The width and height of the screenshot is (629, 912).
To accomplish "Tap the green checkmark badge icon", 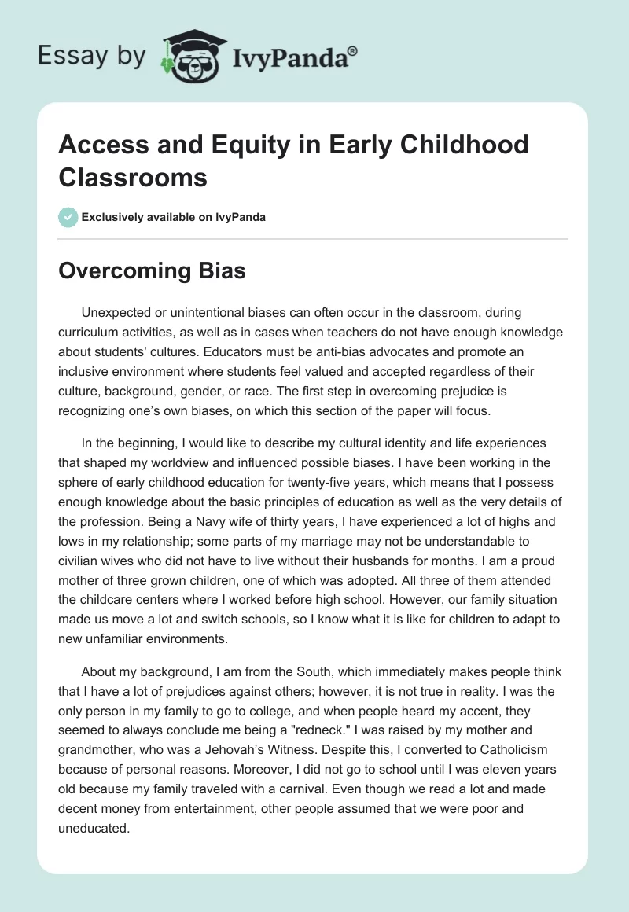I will [69, 216].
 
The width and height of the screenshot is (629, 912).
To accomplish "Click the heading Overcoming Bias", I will [153, 271].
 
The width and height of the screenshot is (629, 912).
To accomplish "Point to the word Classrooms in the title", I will [133, 177].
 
